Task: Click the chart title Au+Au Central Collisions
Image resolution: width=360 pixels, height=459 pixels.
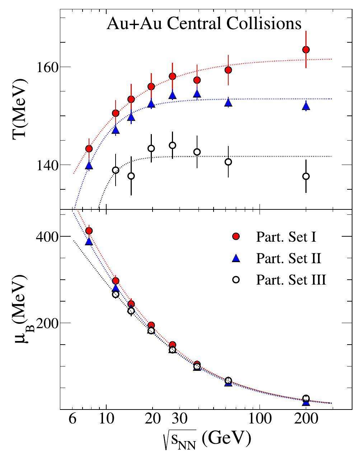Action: [204, 24]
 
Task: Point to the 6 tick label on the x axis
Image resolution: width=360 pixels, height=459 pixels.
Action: [72, 419]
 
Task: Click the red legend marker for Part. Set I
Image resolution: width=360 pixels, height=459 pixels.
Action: [236, 236]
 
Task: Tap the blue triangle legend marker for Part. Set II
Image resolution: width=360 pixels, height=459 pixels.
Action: [236, 258]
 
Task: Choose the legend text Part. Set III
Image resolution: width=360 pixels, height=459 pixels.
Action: [291, 280]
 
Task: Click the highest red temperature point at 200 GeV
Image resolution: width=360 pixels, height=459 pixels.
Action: [306, 50]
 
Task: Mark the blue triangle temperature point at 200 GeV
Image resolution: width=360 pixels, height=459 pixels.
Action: [306, 106]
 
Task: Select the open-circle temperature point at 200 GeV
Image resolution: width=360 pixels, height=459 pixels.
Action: [306, 176]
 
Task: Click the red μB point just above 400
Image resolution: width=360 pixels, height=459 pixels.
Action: [89, 231]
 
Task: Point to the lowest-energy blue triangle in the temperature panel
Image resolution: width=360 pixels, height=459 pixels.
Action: [89, 166]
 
